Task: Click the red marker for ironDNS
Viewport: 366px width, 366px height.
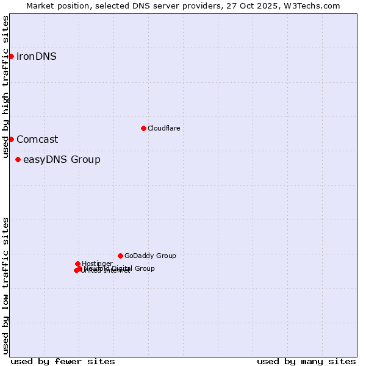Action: [x=11, y=57]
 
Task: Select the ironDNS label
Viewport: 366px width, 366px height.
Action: [x=37, y=57]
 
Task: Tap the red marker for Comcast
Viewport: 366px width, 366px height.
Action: [x=11, y=139]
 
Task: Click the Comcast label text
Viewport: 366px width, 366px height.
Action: [x=37, y=139]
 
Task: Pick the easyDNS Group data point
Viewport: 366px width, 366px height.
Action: [x=18, y=160]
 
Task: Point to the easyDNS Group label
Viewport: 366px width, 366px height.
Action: [x=62, y=160]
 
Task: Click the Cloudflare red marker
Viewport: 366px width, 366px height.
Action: [x=143, y=128]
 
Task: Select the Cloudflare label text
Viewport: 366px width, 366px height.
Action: [x=163, y=128]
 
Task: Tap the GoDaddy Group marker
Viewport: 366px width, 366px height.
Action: [x=120, y=256]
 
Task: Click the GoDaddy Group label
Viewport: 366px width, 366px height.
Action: [x=150, y=256]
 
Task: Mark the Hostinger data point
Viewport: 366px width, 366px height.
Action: [x=77, y=264]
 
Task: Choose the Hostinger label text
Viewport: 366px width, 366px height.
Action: [x=97, y=264]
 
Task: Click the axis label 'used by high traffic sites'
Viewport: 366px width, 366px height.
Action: [x=6, y=87]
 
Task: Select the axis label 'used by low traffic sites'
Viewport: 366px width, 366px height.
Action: [x=6, y=285]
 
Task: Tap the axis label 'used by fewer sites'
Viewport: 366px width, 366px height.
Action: [x=63, y=361]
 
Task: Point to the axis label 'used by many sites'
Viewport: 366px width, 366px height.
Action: [x=306, y=361]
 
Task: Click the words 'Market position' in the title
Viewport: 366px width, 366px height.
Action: [x=57, y=6]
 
